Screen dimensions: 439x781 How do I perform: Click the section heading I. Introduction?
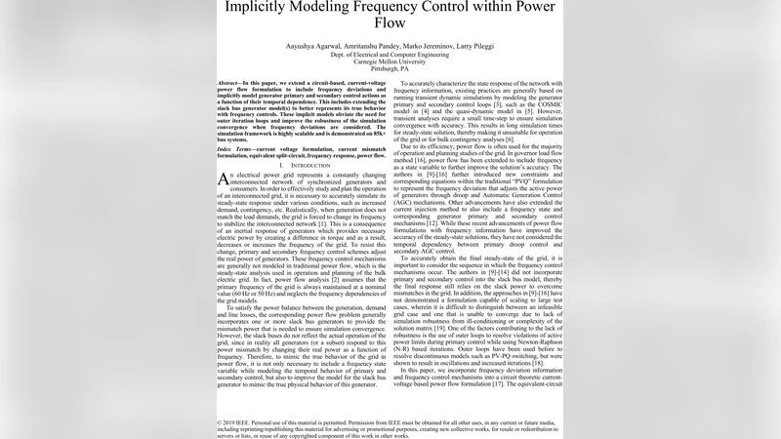[x=303, y=167]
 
